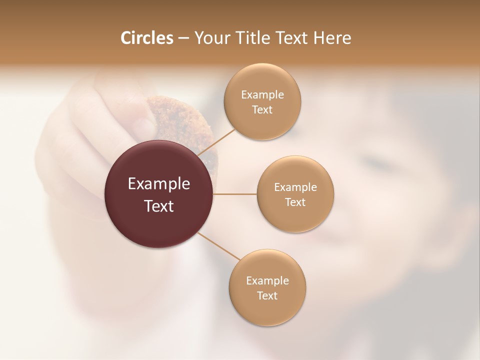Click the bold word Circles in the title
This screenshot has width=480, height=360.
click(x=147, y=38)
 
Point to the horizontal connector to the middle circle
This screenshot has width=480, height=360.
click(x=235, y=194)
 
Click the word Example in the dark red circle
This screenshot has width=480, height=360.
click(x=159, y=184)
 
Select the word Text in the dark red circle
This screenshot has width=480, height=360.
click(x=159, y=206)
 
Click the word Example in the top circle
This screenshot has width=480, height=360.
click(x=262, y=95)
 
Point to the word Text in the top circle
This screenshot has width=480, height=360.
click(x=262, y=110)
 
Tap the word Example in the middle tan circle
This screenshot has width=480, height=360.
click(x=295, y=187)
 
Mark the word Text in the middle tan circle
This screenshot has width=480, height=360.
click(x=295, y=202)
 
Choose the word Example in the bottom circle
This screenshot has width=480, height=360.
click(x=267, y=281)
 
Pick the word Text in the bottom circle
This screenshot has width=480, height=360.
click(x=267, y=296)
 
